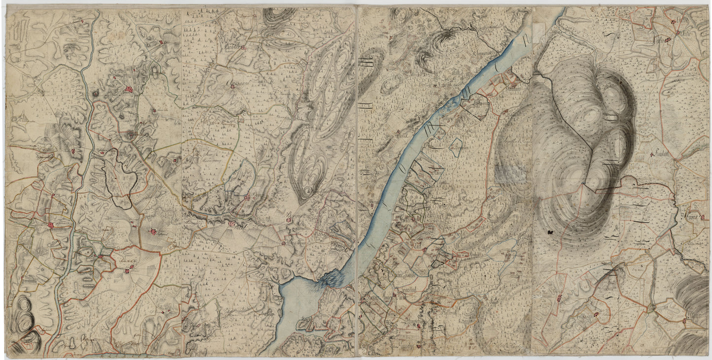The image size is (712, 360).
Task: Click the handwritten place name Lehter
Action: pyautogui.click(x=235, y=47)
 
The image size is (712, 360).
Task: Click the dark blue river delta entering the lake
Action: pyautogui.click(x=331, y=280)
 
